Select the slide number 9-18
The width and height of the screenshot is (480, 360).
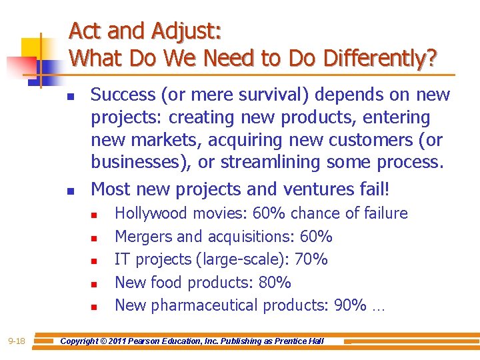[16, 341]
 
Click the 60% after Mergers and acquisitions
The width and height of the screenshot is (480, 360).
[316, 237]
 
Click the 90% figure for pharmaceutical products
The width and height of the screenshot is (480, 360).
[349, 305]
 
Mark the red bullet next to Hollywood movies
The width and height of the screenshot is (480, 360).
[95, 215]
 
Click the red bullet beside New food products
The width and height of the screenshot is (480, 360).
[95, 284]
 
